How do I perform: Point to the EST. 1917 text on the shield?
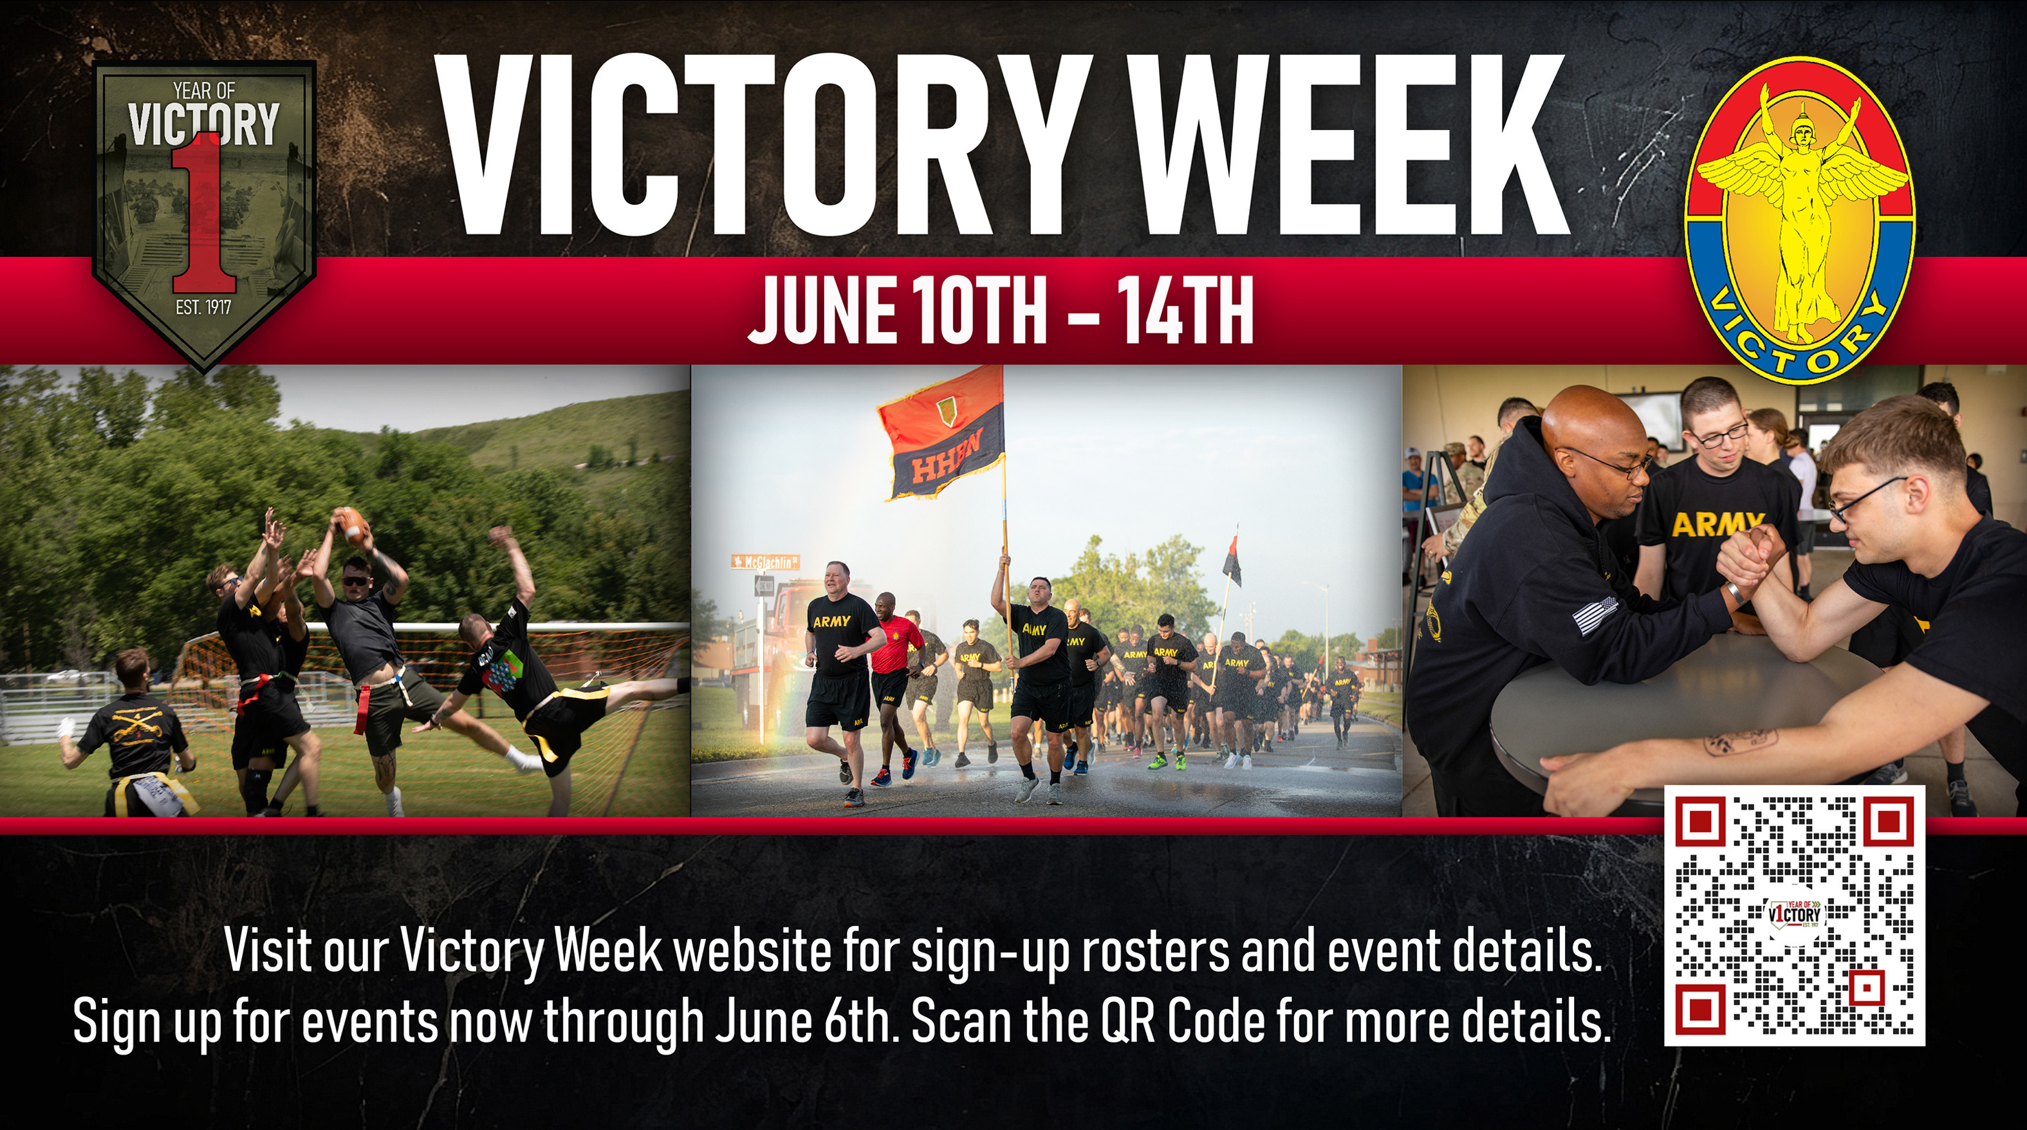pyautogui.click(x=204, y=307)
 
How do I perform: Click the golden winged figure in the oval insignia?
pyautogui.click(x=1799, y=212)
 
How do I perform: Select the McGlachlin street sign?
pyautogui.click(x=765, y=562)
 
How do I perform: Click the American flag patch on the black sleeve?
pyautogui.click(x=1594, y=615)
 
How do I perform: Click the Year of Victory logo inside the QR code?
pyautogui.click(x=1795, y=914)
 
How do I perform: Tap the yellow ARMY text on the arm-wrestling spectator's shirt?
pyautogui.click(x=1717, y=524)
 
